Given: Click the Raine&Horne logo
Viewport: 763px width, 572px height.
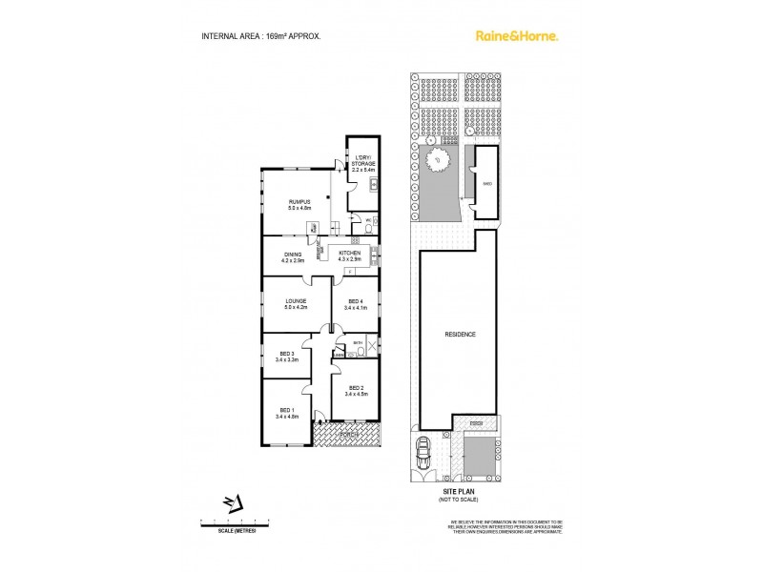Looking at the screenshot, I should pos(517,36).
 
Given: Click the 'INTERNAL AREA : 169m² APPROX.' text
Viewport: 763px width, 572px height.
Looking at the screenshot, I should pos(260,36).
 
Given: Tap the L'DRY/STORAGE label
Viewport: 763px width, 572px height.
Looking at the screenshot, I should pos(362,163).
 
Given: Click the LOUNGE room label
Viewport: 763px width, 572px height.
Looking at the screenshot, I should pos(295,304).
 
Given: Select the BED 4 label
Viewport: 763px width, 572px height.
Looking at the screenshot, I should pos(355,304).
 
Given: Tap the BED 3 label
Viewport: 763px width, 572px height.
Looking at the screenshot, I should pos(286,357).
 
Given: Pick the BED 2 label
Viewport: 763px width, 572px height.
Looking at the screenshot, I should pos(357,390).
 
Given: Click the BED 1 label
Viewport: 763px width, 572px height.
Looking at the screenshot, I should pos(286,413).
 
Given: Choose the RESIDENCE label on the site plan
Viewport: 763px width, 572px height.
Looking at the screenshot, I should pos(460,336).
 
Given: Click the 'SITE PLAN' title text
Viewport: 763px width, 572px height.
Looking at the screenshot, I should pos(460,492).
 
